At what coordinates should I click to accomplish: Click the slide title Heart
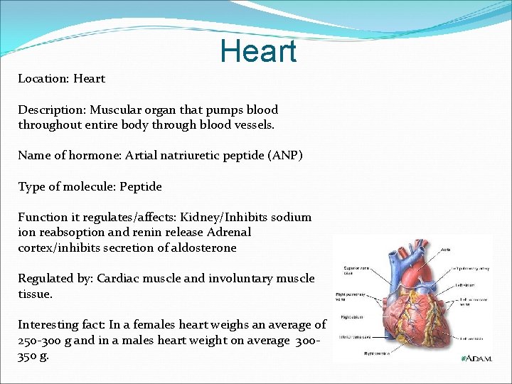click(x=257, y=51)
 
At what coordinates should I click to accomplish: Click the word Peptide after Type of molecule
click(x=141, y=187)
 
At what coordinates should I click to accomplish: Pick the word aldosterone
click(x=201, y=248)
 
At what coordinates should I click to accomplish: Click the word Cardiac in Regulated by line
click(x=119, y=279)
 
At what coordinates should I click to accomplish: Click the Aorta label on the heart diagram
click(x=445, y=250)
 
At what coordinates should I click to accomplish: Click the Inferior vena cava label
click(x=351, y=337)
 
